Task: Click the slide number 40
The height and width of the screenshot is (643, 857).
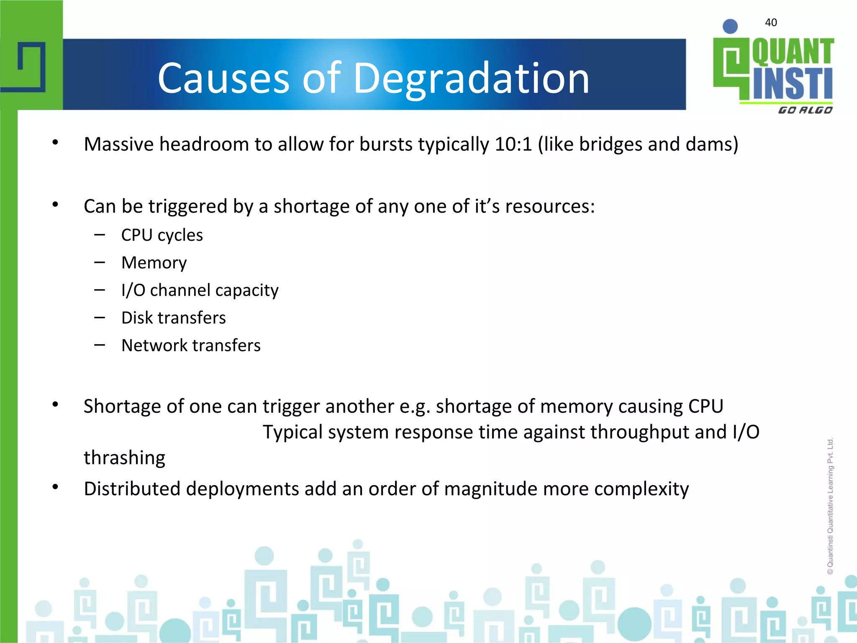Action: tap(771, 23)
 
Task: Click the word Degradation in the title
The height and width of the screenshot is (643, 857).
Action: tap(472, 78)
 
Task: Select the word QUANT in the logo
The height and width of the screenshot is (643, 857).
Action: tap(793, 52)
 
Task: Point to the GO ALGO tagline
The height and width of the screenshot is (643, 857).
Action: tap(805, 110)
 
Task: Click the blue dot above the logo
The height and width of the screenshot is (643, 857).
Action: tap(730, 26)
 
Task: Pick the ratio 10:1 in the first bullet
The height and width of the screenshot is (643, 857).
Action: tap(513, 144)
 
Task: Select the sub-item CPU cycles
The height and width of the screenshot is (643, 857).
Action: tap(162, 235)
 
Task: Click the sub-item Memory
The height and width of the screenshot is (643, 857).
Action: tap(154, 263)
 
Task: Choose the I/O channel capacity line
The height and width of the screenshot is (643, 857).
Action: tap(200, 290)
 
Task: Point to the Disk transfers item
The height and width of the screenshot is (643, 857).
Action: tap(173, 318)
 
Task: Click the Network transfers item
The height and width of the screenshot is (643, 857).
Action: tap(191, 345)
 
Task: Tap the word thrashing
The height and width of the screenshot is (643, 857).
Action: tap(124, 458)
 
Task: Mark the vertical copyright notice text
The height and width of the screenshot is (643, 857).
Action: tap(830, 506)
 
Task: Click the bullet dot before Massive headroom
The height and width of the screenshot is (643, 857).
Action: tap(55, 143)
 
